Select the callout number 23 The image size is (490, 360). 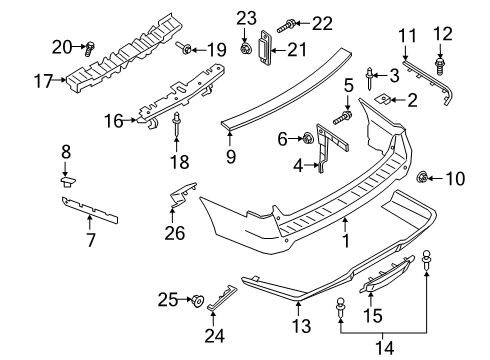pos(246,16)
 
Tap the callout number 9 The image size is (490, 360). pos(231,155)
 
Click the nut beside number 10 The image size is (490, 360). pos(421,180)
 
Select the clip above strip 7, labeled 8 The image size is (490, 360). pos(69,182)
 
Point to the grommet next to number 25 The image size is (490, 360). pos(196,299)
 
